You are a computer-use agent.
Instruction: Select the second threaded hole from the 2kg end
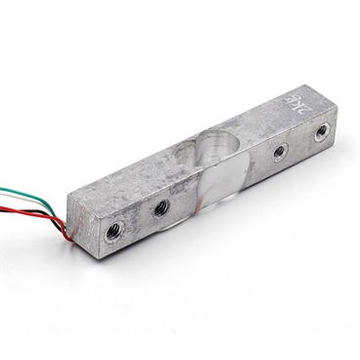click(280, 152)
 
